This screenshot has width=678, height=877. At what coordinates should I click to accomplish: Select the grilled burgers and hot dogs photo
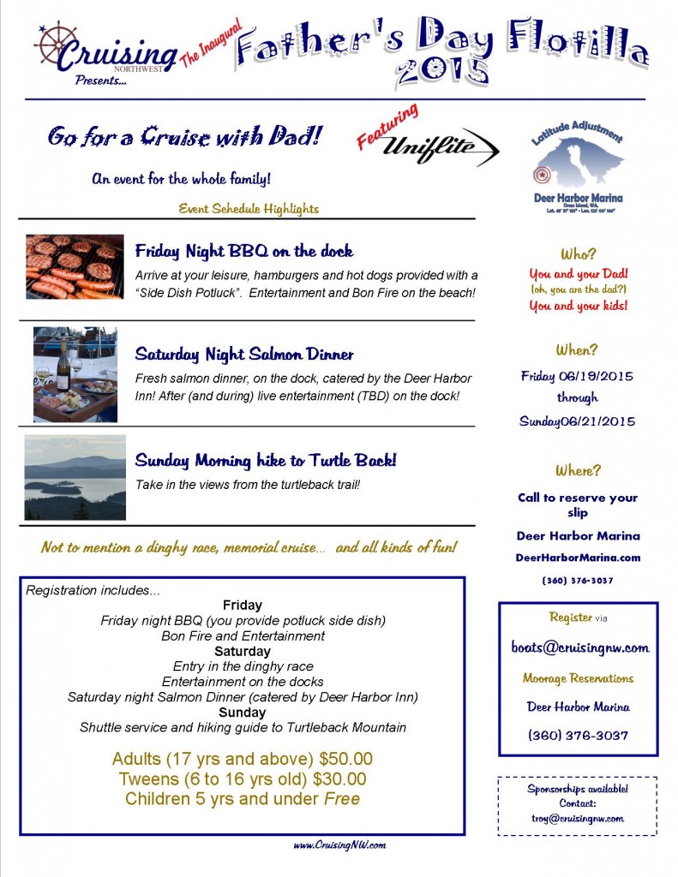pos(75,266)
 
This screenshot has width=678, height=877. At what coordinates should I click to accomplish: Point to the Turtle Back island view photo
pos(75,477)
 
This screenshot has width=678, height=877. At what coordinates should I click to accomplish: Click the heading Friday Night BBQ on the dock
pos(244,252)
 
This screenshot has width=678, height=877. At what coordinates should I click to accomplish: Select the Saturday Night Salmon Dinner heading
pos(244,355)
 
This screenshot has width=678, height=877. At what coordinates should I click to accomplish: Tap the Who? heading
pos(578,254)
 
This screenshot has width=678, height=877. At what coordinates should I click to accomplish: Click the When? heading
pos(578,349)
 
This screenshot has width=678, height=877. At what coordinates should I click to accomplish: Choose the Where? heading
pos(578,470)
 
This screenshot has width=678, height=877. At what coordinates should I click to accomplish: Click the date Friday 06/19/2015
pos(578,376)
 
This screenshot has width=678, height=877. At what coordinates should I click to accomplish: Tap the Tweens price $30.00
pos(337,779)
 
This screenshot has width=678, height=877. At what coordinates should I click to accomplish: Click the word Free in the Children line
pos(341,799)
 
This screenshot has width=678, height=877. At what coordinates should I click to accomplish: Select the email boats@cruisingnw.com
pos(579,647)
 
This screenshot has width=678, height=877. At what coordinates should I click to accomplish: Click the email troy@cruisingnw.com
pos(578,818)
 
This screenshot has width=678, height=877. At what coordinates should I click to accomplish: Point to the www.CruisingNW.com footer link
pos(339,845)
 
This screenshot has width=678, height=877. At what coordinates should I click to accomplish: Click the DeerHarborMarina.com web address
pos(578,558)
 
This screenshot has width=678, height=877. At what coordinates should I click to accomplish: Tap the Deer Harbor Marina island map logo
pos(577,164)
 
